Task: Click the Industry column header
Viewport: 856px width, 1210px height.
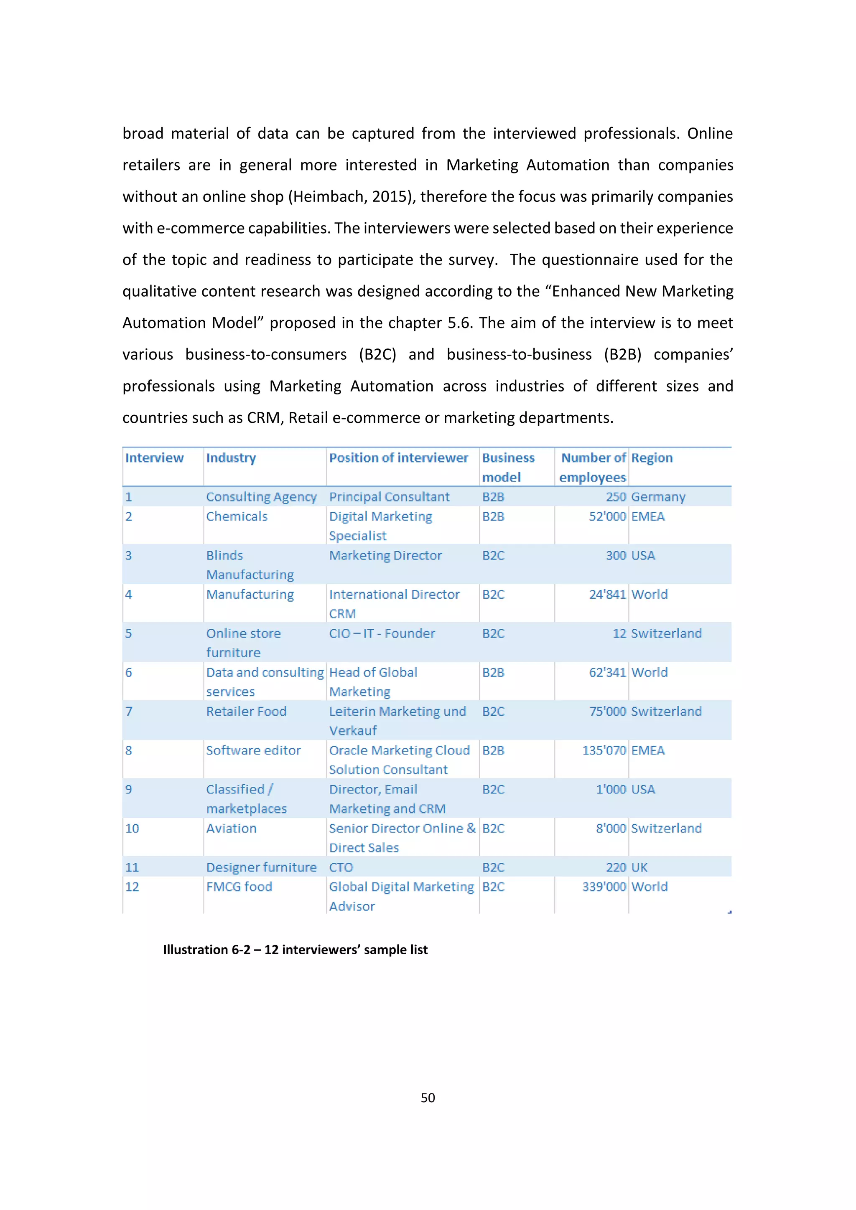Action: click(x=231, y=458)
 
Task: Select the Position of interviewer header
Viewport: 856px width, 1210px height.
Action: click(x=398, y=458)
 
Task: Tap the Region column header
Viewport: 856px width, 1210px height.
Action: click(x=652, y=458)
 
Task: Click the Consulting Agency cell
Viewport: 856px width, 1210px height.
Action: click(x=261, y=497)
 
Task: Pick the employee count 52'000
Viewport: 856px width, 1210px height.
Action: click(x=607, y=516)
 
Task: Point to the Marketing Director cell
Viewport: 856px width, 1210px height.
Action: click(x=385, y=555)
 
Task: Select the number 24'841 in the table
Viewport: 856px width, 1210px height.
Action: click(x=607, y=595)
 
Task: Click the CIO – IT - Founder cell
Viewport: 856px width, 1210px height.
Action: click(x=382, y=633)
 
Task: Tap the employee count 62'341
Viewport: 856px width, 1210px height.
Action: click(x=607, y=672)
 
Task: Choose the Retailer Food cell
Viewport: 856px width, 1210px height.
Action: click(x=246, y=712)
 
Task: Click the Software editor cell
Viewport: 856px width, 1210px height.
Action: click(x=253, y=750)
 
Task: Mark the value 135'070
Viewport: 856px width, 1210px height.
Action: click(x=604, y=750)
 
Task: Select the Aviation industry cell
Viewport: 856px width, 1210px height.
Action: click(x=232, y=829)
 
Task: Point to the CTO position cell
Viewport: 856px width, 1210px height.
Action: click(x=341, y=867)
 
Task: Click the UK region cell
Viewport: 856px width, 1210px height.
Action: click(x=639, y=867)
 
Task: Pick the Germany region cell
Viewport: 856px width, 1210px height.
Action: click(x=658, y=497)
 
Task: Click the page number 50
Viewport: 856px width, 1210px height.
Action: click(x=428, y=1098)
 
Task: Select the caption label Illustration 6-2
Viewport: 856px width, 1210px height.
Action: click(x=206, y=950)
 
